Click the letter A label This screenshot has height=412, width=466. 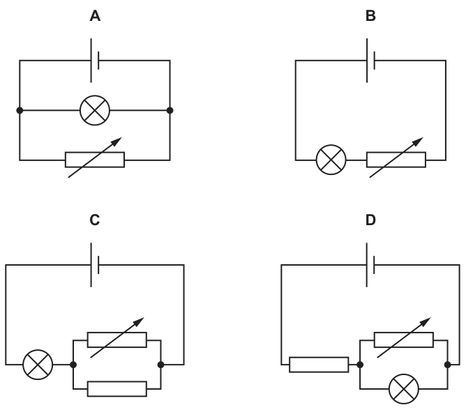pyautogui.click(x=95, y=16)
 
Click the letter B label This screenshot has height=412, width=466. pyautogui.click(x=370, y=16)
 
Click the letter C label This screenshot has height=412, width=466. pyautogui.click(x=94, y=220)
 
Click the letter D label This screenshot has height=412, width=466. pyautogui.click(x=370, y=220)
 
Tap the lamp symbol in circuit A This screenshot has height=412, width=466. pyautogui.click(x=95, y=111)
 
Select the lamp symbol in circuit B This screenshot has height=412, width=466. pyautogui.click(x=331, y=160)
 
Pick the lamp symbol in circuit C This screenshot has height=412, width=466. pyautogui.click(x=38, y=365)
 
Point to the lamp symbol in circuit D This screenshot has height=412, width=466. pyautogui.click(x=404, y=389)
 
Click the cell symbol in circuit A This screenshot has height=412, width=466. pyautogui.click(x=94, y=61)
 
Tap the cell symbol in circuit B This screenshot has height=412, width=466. pyautogui.click(x=370, y=61)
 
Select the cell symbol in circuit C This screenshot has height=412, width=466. pyautogui.click(x=94, y=265)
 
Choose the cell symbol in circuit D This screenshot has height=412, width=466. pyautogui.click(x=370, y=265)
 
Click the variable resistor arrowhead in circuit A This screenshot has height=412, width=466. pyautogui.click(x=117, y=141)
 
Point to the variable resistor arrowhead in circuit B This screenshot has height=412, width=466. pyautogui.click(x=419, y=141)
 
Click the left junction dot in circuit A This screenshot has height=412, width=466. pyautogui.click(x=20, y=111)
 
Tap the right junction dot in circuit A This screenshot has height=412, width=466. pyautogui.click(x=170, y=111)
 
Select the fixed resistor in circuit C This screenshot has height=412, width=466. pyautogui.click(x=117, y=389)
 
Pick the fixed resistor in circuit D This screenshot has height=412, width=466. pyautogui.click(x=319, y=365)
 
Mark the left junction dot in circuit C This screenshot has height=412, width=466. pyautogui.click(x=73, y=365)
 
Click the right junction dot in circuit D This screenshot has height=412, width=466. pyautogui.click(x=448, y=365)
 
